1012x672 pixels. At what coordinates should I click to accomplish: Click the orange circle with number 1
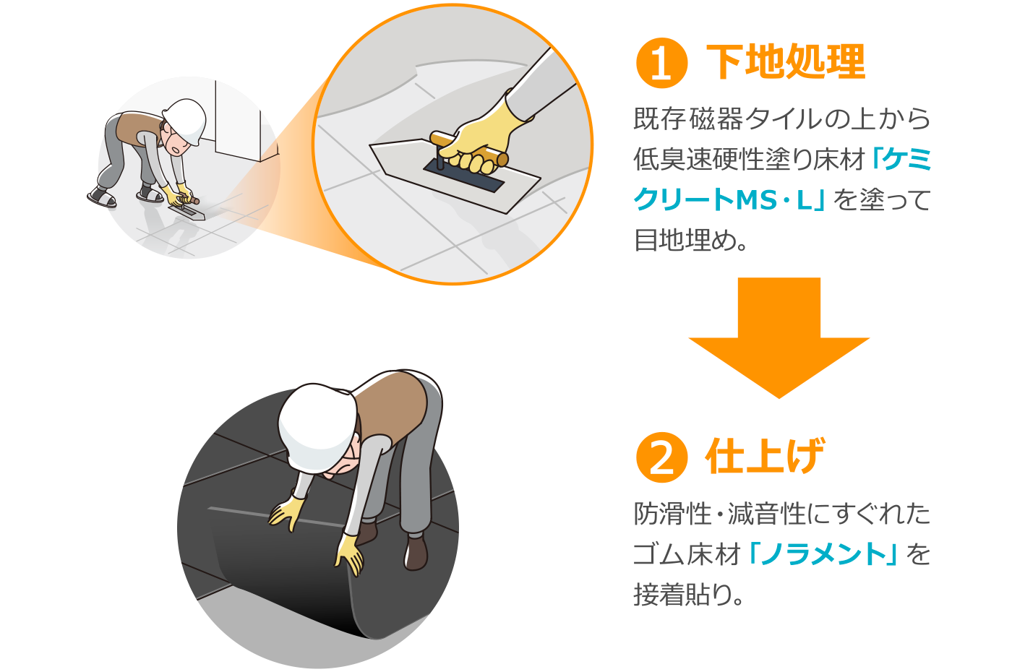coord(661,63)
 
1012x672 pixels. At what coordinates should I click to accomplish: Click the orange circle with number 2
coord(661,457)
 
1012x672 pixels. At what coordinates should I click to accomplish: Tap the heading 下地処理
coord(786,62)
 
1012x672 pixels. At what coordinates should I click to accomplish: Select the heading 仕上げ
coord(766,456)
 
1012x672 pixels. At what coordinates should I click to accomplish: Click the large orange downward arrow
coord(779,338)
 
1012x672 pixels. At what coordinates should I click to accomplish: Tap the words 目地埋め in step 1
coord(685,240)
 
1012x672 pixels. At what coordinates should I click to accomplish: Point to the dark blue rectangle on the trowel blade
coord(463,175)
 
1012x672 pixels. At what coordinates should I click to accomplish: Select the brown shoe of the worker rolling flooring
coord(416,552)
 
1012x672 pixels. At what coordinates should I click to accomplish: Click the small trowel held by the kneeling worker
coord(187,211)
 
